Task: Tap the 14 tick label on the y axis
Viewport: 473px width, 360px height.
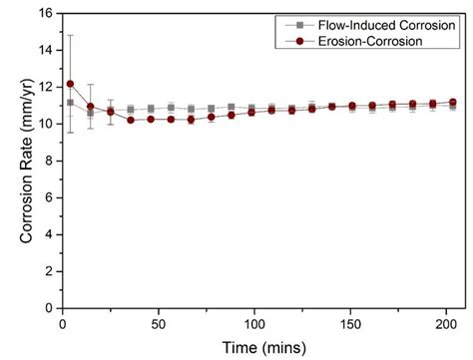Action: point(44,51)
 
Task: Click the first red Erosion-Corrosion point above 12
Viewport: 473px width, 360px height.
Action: point(69,84)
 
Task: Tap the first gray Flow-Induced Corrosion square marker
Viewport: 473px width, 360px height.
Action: point(69,103)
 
